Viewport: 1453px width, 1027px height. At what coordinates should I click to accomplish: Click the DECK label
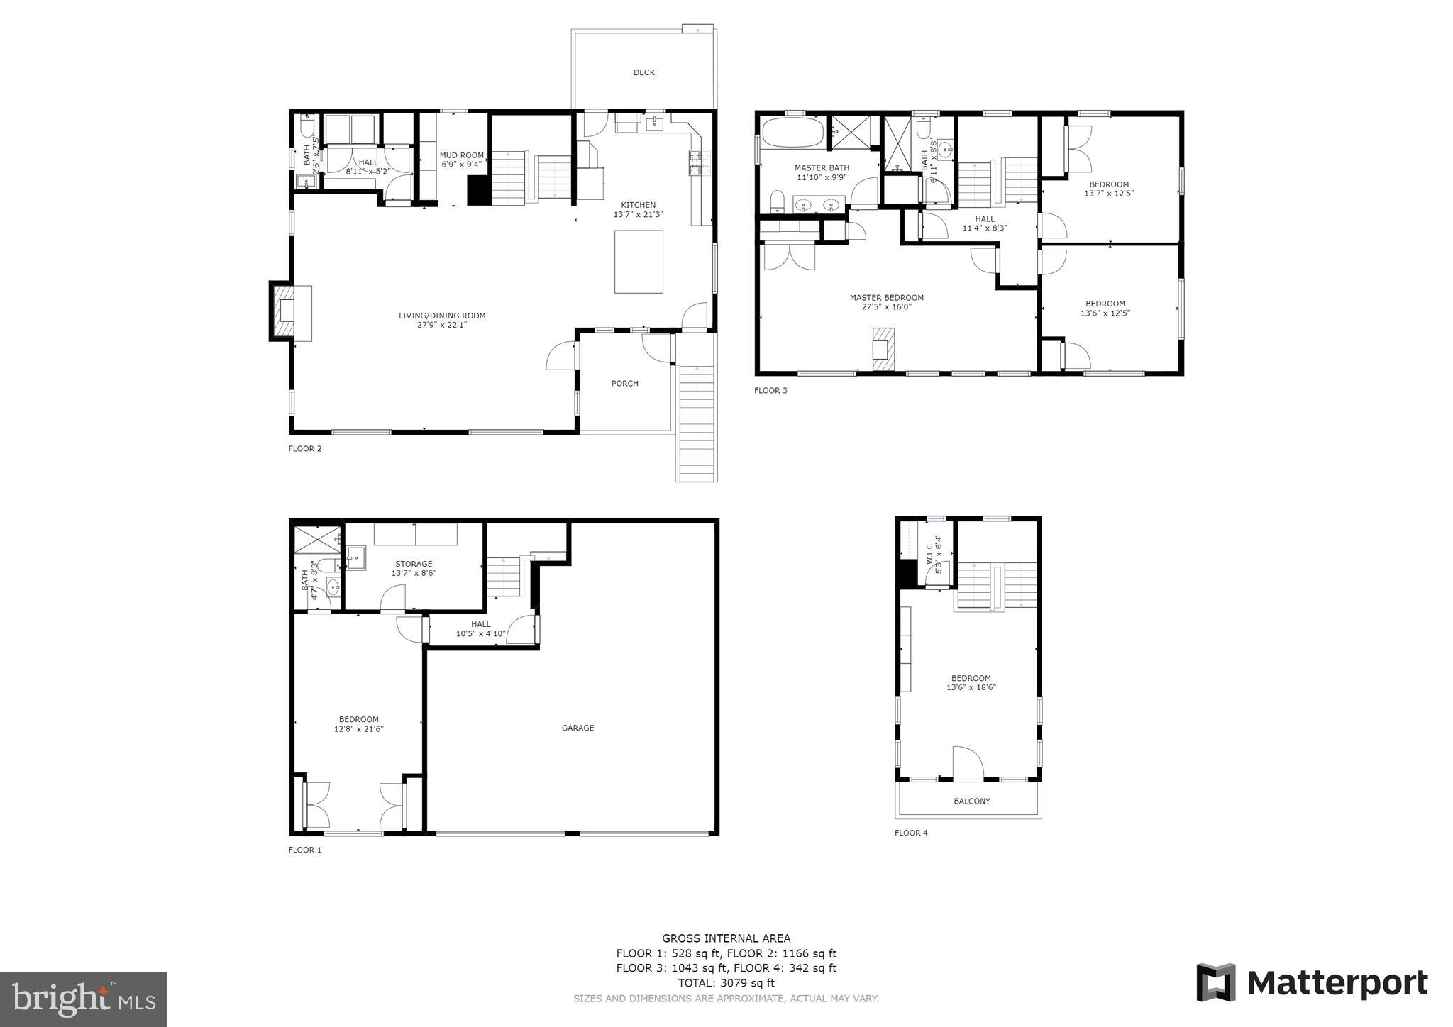(x=644, y=72)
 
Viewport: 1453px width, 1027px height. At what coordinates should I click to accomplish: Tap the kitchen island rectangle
(x=639, y=262)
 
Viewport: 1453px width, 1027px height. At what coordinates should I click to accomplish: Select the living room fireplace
(x=290, y=311)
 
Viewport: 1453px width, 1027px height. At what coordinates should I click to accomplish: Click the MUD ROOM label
(x=462, y=155)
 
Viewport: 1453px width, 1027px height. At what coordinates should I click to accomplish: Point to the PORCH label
(x=625, y=384)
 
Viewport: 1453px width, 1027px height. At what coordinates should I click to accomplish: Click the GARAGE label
(x=578, y=728)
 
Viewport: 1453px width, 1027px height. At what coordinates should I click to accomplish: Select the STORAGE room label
(x=414, y=564)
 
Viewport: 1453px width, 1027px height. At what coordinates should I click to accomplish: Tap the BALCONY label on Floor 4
(x=971, y=801)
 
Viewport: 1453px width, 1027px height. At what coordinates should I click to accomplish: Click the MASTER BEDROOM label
(x=887, y=298)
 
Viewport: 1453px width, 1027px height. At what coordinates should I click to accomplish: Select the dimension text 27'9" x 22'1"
(x=442, y=325)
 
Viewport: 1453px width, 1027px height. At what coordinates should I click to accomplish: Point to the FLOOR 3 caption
(x=770, y=390)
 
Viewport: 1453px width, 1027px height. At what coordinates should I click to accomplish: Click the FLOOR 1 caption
(x=305, y=850)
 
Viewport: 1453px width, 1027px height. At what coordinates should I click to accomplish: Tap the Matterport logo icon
(x=1215, y=982)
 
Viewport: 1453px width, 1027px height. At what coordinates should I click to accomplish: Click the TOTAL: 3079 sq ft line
(x=726, y=983)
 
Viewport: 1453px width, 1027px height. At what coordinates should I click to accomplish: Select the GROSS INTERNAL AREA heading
(x=726, y=938)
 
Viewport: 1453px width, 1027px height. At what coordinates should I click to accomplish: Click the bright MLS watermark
(x=84, y=999)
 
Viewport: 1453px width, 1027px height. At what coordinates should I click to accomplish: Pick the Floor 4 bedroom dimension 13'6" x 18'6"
(x=971, y=687)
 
